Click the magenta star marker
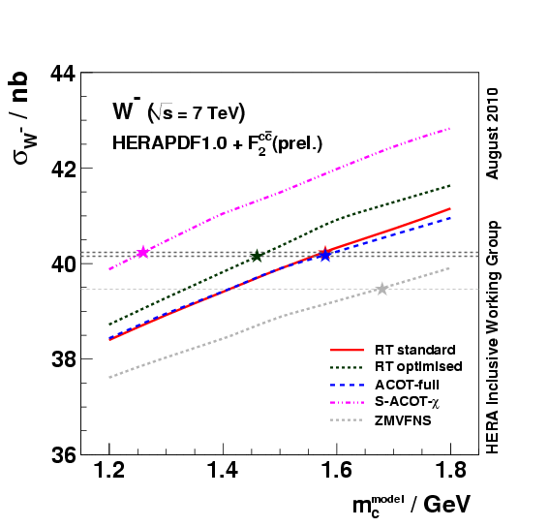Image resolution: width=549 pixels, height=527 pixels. pyautogui.click(x=143, y=252)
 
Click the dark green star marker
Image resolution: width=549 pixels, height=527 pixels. pyautogui.click(x=257, y=256)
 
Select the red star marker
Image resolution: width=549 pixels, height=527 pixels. pyautogui.click(x=325, y=253)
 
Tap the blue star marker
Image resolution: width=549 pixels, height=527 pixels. pyautogui.click(x=325, y=257)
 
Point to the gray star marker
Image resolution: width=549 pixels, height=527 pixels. pyautogui.click(x=382, y=289)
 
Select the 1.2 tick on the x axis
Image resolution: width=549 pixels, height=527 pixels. pyautogui.click(x=109, y=473)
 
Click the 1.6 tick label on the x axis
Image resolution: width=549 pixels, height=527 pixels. pyautogui.click(x=337, y=473)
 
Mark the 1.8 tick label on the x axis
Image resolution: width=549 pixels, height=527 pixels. pyautogui.click(x=450, y=473)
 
